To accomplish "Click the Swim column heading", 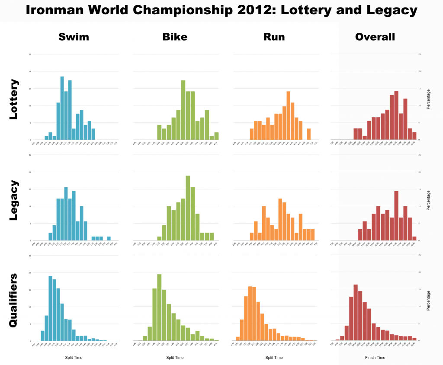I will point(74,37).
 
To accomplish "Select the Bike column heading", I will point(175,37).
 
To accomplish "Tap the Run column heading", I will point(274,37).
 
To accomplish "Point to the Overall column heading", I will point(375,37).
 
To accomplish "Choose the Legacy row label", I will point(14,201).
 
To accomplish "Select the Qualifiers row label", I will point(14,300).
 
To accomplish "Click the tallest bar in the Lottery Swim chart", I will point(62,108).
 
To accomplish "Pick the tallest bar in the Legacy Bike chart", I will point(188,208).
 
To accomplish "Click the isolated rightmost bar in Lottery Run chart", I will point(308,134).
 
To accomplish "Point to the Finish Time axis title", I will point(375,358).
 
